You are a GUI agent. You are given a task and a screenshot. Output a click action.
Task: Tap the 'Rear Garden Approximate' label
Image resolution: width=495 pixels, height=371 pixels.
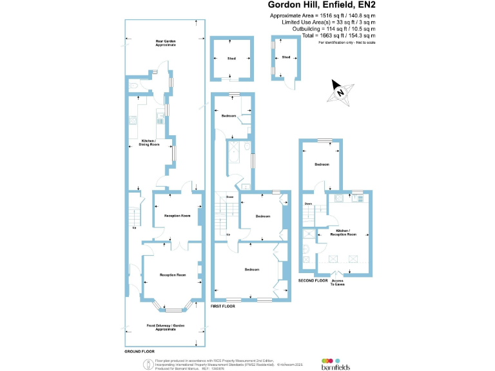point(165,43)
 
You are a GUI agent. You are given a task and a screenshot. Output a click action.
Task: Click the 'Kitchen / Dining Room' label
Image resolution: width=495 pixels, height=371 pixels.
point(150,143)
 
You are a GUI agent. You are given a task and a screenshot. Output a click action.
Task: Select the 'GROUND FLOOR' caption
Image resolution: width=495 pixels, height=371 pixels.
point(139,352)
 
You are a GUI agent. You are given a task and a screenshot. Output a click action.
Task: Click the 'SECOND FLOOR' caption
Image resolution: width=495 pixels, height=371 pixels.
point(314,281)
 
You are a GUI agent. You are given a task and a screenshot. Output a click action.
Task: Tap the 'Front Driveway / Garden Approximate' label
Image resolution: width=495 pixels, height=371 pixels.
point(166,327)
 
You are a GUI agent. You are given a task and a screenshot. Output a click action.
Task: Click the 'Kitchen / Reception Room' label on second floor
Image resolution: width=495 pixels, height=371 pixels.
point(347,233)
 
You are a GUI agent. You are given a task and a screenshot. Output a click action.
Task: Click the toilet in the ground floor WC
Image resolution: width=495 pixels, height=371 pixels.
point(132,84)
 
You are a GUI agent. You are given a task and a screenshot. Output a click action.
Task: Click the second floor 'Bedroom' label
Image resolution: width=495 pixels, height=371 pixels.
point(322,165)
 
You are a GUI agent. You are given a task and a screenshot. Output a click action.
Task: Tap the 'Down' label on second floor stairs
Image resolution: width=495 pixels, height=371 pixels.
point(308,205)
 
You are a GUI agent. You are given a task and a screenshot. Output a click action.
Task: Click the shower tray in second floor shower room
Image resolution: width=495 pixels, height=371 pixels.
point(309,235)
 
